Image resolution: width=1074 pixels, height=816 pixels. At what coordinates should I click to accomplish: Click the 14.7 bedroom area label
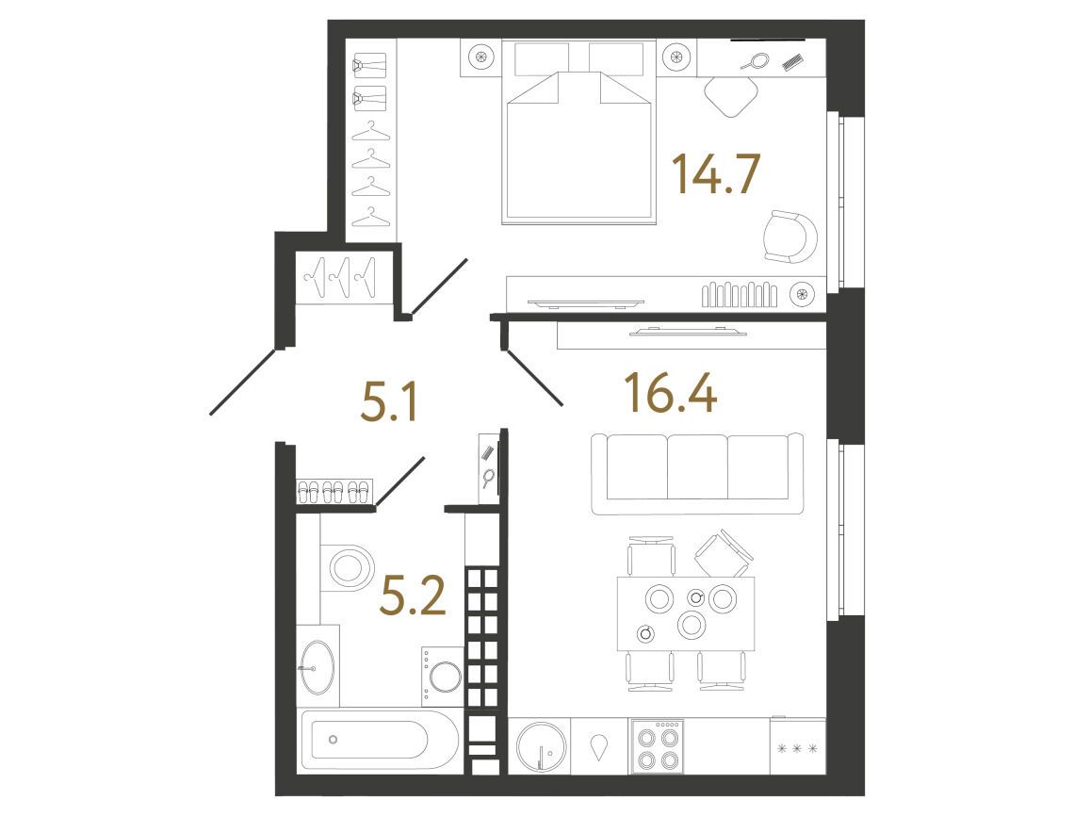point(716,174)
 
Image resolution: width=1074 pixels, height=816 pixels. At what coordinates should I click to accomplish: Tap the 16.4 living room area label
point(671,394)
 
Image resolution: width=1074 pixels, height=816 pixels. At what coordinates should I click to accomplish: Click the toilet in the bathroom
point(347,566)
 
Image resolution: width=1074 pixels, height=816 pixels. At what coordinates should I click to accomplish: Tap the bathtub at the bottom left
point(381,740)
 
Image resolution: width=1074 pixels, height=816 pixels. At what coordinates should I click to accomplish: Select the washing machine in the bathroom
point(443,677)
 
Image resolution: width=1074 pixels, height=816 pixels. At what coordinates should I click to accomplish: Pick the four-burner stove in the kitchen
point(658,746)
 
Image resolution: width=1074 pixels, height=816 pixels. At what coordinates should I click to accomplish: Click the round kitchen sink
point(541,746)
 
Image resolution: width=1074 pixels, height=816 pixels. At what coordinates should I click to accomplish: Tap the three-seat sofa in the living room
point(697,473)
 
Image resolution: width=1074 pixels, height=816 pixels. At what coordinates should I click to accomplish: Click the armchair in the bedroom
point(790,237)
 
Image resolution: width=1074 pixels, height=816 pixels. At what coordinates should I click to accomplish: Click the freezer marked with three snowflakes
point(797,746)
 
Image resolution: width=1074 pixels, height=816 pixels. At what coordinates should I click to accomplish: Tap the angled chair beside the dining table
point(724,553)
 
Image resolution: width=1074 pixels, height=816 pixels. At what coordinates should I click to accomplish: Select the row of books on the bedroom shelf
point(739,295)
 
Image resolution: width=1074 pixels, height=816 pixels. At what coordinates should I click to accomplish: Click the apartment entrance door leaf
point(246,381)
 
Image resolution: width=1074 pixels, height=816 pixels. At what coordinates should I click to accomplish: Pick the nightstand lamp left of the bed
point(480,57)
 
